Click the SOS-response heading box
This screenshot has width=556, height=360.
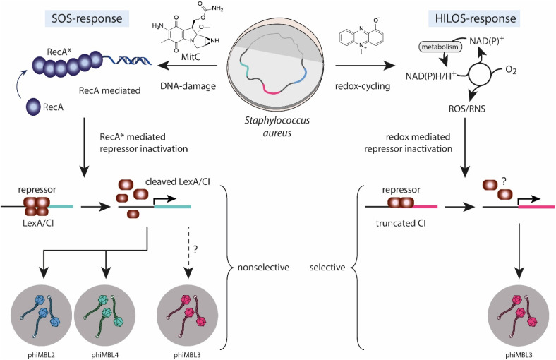coord(87,18)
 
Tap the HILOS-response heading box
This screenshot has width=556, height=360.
coord(474,18)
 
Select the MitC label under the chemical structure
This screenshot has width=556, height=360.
coord(191,56)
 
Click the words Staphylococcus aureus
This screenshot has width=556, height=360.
coord(277,126)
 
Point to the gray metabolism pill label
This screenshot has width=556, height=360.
coord(440,47)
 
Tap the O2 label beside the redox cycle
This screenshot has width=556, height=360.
coord(511,70)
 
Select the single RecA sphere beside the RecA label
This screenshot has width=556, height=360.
coord(32,107)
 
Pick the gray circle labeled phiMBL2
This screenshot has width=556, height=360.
coord(42,316)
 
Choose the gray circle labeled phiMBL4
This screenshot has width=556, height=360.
coord(104,316)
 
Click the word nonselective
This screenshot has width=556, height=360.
coord(263,267)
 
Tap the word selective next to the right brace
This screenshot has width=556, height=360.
coord(327,267)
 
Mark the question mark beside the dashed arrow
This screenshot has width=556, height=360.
coord(195,250)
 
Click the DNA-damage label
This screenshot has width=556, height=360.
coord(188,86)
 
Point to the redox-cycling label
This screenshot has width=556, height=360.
coord(363,86)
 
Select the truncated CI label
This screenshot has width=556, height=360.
coord(401,223)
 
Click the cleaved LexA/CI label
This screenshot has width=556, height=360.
coord(178,182)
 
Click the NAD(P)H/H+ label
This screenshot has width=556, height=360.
coord(431,76)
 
